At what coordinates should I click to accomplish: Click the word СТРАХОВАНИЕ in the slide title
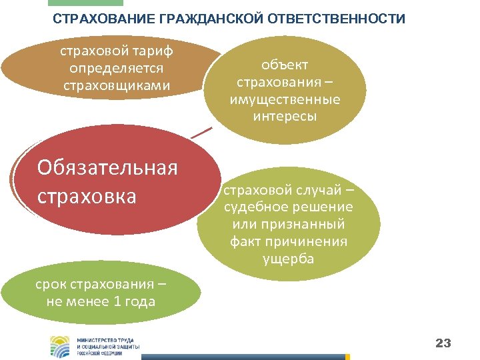[x=104, y=19]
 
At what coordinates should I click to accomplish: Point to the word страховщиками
[x=117, y=85]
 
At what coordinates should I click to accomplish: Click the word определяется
[x=117, y=69]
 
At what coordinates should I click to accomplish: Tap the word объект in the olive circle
[x=285, y=65]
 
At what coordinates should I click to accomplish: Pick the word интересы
[x=285, y=116]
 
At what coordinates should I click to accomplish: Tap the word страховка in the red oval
[x=87, y=197]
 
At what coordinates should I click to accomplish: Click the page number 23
[x=443, y=343]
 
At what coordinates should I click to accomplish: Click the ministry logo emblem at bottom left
[x=60, y=345]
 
